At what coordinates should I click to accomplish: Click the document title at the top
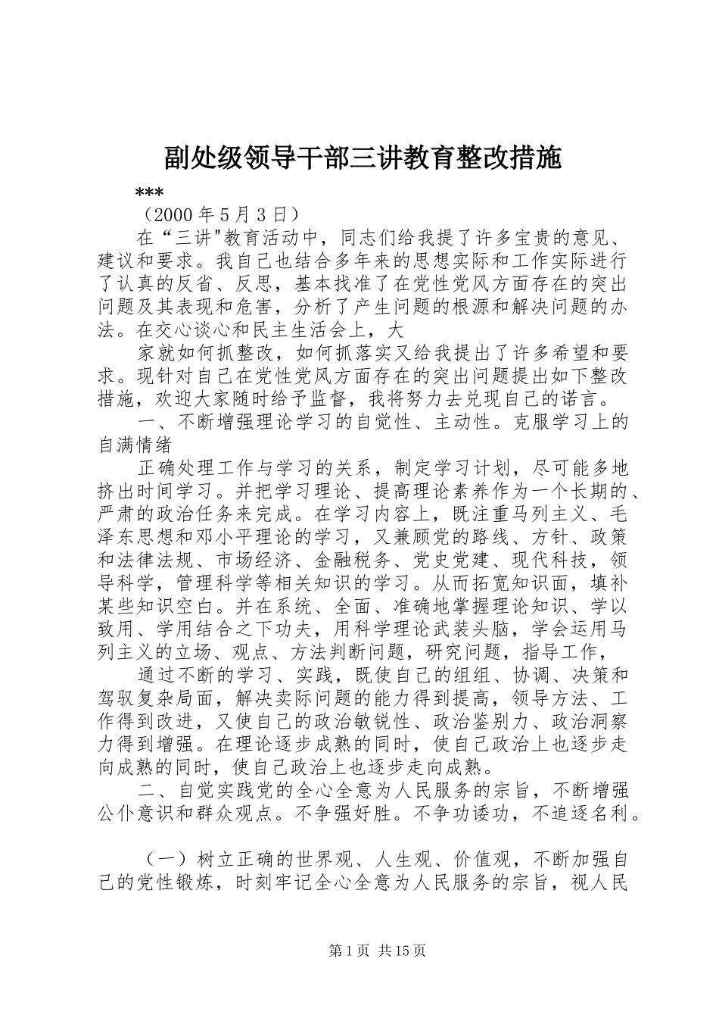tap(362, 158)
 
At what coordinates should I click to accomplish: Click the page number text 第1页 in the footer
tap(348, 950)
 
